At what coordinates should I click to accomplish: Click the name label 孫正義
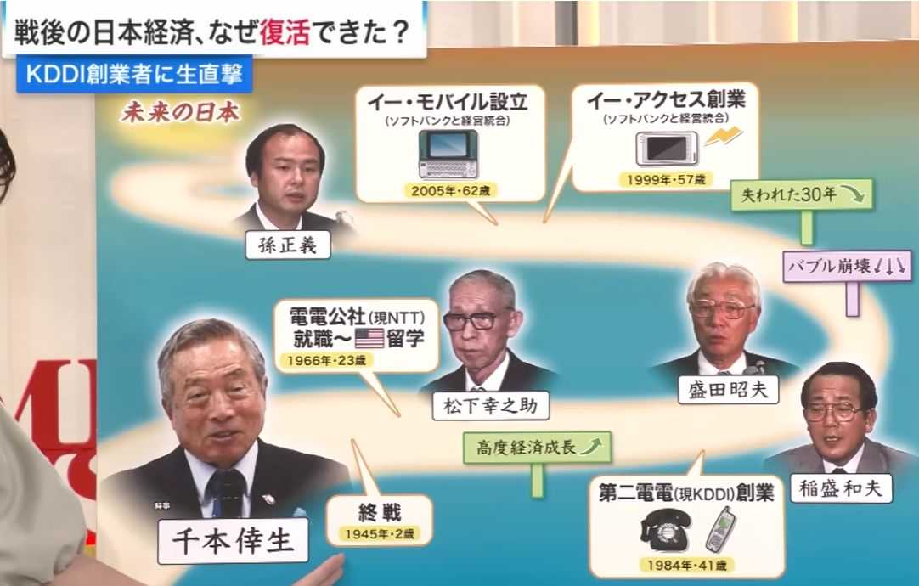287,245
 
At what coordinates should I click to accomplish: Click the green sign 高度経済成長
537,446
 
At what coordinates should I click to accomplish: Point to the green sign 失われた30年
801,194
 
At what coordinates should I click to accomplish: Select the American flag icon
369,338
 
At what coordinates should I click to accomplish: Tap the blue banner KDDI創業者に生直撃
134,75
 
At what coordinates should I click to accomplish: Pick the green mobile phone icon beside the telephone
720,528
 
